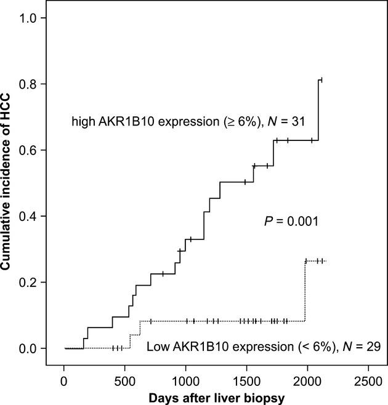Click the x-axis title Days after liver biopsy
coord(216,398)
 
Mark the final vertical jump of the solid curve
coord(318,111)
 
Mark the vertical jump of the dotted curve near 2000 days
coord(305,291)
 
